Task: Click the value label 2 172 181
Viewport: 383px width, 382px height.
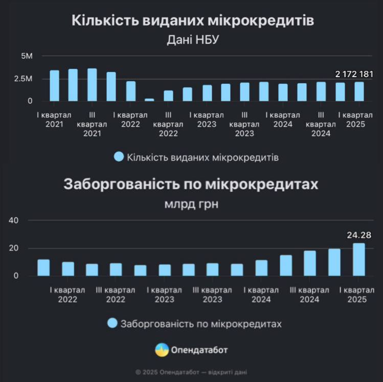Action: tap(354, 74)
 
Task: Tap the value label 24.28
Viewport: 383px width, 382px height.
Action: tap(358, 236)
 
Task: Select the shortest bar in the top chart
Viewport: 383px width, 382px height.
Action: tap(149, 100)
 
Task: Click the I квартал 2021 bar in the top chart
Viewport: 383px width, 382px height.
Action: tap(54, 85)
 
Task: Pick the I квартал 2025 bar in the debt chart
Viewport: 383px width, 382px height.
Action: tap(359, 259)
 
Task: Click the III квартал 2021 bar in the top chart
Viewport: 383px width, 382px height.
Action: tap(92, 85)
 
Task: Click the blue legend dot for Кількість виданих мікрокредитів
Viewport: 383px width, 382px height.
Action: tap(119, 157)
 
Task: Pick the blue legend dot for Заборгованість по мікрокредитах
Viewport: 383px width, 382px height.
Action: tap(112, 323)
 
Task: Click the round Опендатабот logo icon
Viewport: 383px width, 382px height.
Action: tap(162, 350)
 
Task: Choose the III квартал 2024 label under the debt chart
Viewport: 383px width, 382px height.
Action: tap(309, 295)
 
